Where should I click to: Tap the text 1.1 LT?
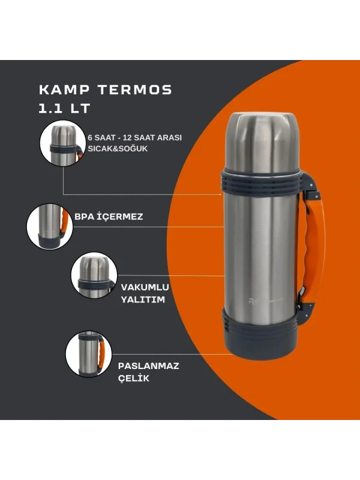tap(64, 110)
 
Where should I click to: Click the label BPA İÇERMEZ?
tap(109, 217)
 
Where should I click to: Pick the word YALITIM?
tap(142, 299)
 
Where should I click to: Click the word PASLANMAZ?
tap(149, 365)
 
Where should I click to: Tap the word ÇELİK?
tap(134, 378)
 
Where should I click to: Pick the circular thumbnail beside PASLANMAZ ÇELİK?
tap(88, 353)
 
